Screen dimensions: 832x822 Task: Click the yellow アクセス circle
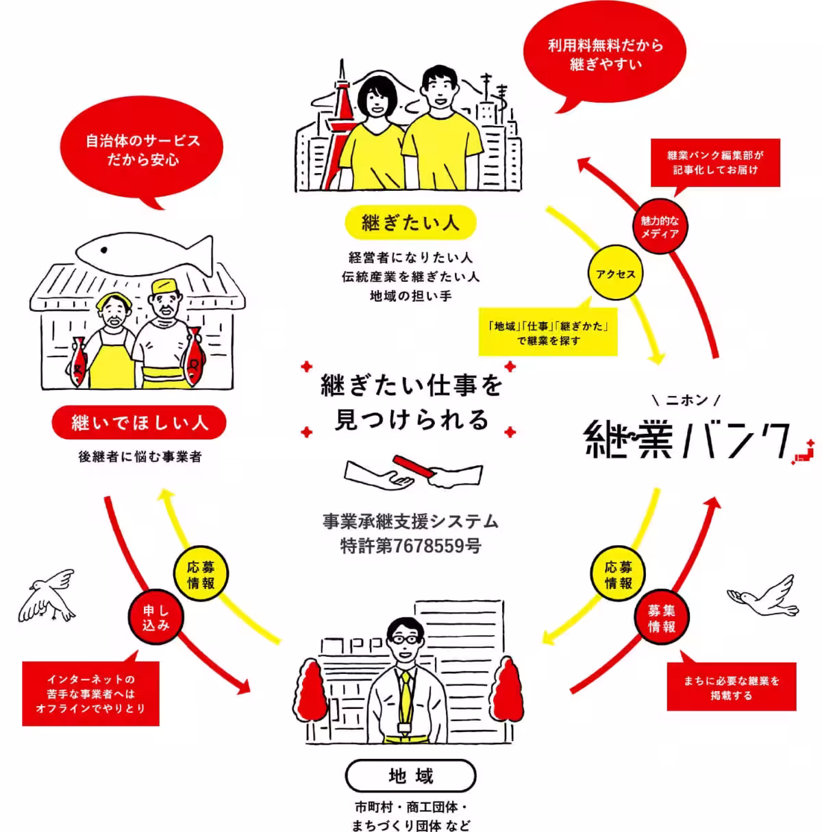click(x=616, y=274)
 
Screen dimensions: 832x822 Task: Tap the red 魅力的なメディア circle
click(x=659, y=227)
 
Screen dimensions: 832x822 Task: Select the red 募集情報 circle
click(x=661, y=619)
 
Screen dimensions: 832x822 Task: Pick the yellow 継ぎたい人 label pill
click(x=410, y=223)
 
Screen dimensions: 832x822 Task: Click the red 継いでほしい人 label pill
click(x=139, y=423)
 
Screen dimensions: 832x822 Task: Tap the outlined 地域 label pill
click(x=410, y=776)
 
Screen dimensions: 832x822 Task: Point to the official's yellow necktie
click(x=406, y=691)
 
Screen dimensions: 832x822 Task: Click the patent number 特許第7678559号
click(x=410, y=546)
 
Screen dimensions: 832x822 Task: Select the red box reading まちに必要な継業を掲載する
click(x=731, y=687)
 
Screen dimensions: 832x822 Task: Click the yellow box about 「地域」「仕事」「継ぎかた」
click(x=548, y=333)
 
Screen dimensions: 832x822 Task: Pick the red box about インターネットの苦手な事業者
click(x=90, y=693)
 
